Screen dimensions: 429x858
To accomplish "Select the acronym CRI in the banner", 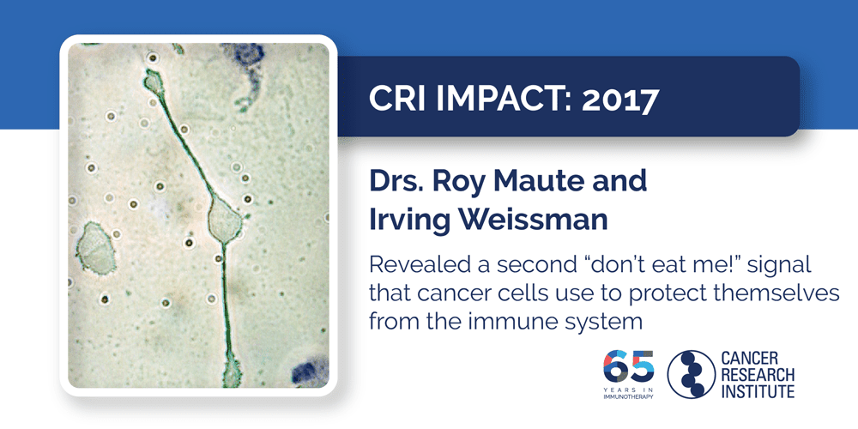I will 395,100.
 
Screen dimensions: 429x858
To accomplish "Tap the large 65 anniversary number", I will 629,366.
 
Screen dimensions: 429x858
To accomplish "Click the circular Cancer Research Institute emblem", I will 691,373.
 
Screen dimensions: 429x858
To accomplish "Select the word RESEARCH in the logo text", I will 757,374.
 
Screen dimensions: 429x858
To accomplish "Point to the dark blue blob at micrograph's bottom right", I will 307,372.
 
